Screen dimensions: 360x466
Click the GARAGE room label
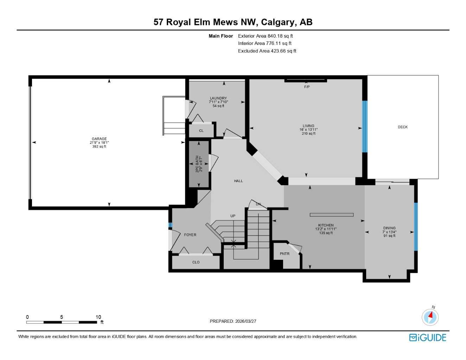[x=99, y=139]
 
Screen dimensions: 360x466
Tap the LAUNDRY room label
[x=218, y=98]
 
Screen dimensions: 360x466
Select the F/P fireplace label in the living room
[x=307, y=87]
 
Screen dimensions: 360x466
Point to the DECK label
[x=403, y=127]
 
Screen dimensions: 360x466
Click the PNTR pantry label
[x=285, y=254]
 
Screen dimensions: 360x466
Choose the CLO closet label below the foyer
[x=196, y=262]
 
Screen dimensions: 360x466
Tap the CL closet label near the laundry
[x=201, y=131]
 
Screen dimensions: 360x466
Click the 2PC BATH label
[x=197, y=164]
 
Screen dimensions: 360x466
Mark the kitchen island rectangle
[x=331, y=215]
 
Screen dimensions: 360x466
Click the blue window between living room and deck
[x=365, y=127]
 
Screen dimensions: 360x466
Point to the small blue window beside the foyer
[x=170, y=225]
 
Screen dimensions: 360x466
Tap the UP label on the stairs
[x=233, y=216]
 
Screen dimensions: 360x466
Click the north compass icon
[x=430, y=317]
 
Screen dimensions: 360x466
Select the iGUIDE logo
[x=427, y=337]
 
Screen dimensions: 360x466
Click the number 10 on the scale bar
[x=98, y=317]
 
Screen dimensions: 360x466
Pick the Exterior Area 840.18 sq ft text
[x=265, y=36]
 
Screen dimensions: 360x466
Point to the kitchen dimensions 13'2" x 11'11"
[x=326, y=229]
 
